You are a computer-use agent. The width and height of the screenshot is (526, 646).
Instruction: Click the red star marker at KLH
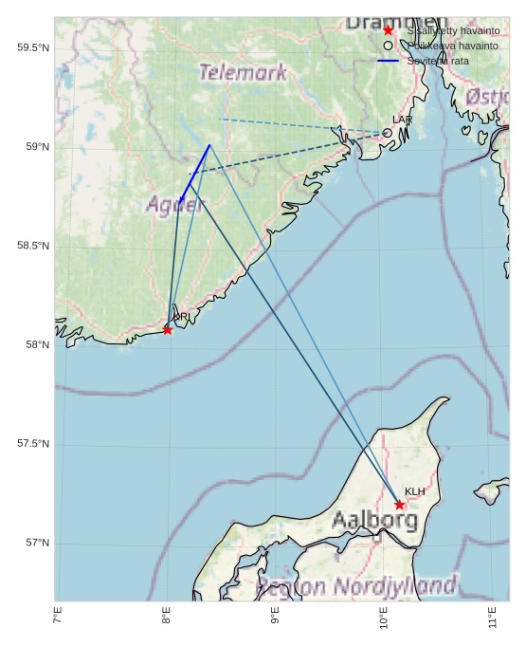tap(400, 505)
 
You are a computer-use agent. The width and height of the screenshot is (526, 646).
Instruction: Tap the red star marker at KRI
tap(168, 330)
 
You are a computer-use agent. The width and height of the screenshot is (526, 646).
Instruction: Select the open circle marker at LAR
tap(388, 133)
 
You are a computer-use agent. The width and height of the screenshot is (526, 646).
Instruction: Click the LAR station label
tap(402, 120)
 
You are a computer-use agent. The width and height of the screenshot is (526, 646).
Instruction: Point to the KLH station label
tap(414, 491)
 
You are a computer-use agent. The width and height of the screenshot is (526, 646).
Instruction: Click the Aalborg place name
tap(374, 520)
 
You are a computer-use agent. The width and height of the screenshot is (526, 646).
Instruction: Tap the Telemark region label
tap(243, 72)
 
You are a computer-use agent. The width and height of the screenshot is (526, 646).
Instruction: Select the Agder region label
tap(175, 203)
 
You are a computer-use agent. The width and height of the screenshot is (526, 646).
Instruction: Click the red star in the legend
tap(388, 30)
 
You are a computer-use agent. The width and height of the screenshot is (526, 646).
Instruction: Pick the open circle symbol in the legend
tap(388, 46)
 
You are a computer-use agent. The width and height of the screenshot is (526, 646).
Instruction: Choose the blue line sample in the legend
tap(388, 61)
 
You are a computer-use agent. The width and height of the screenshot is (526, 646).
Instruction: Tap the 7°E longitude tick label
tap(58, 617)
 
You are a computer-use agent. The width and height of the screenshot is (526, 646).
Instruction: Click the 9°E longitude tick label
tap(275, 617)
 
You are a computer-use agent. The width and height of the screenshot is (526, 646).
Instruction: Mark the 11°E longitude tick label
tap(492, 617)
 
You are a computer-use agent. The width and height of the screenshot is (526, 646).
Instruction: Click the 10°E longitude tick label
tap(384, 617)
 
